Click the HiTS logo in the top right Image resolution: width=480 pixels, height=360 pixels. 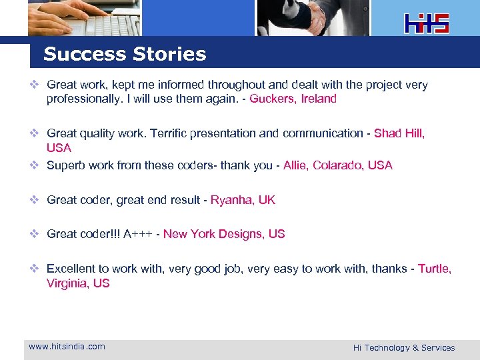click(427, 23)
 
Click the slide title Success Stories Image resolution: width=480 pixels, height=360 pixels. click(125, 55)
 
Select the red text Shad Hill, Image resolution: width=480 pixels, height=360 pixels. click(399, 133)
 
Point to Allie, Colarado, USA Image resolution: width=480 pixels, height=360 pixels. click(337, 165)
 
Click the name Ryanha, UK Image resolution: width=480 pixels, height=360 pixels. click(243, 200)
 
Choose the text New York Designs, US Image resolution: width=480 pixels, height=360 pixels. click(224, 234)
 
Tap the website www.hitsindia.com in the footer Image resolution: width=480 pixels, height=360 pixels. click(67, 346)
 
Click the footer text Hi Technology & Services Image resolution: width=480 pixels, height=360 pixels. click(404, 347)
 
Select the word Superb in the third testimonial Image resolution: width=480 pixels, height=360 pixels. click(65, 165)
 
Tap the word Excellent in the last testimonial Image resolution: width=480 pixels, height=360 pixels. click(71, 269)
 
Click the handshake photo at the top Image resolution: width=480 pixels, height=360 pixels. click(313, 17)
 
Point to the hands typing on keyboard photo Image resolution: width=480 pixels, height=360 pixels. click(84, 17)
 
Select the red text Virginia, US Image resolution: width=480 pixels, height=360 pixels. click(78, 283)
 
